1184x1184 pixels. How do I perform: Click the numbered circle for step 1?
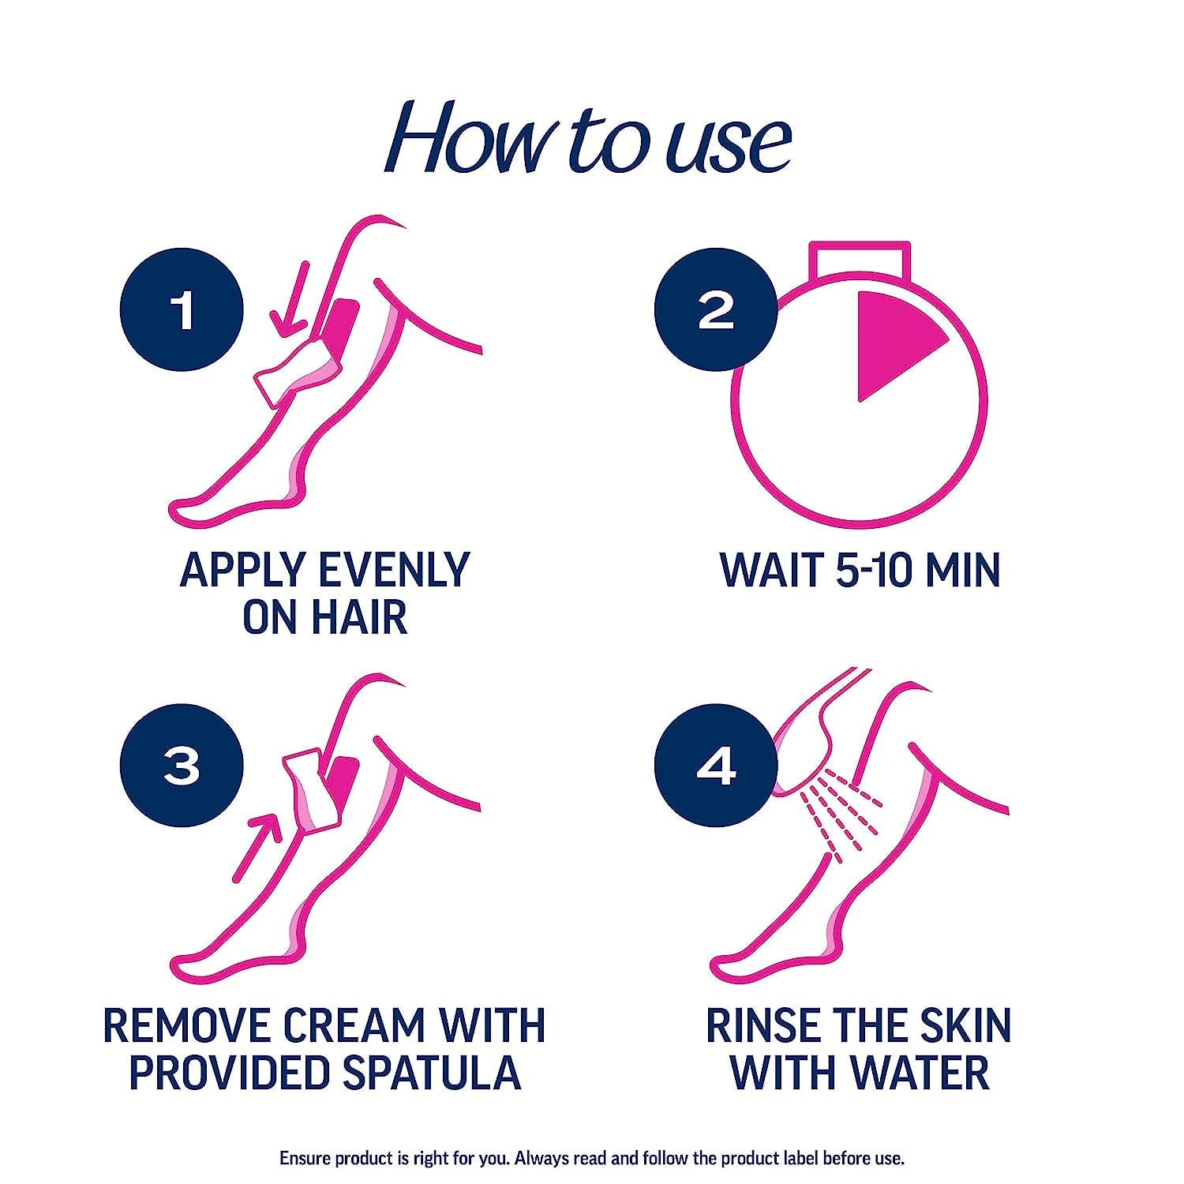182,309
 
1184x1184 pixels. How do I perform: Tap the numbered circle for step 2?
717,309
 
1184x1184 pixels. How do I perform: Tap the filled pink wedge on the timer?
892,339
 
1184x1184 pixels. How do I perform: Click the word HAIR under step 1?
359,617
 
